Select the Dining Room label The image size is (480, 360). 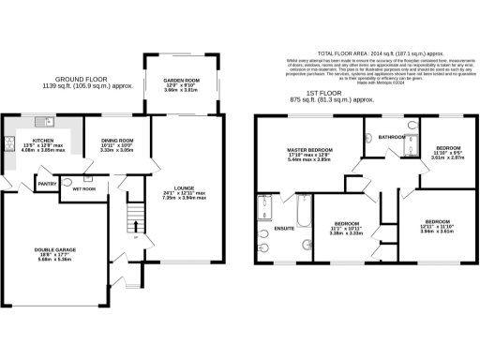(118, 140)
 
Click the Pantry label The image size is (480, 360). (47, 184)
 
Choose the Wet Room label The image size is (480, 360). (85, 187)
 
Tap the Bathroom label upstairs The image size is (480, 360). (390, 136)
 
